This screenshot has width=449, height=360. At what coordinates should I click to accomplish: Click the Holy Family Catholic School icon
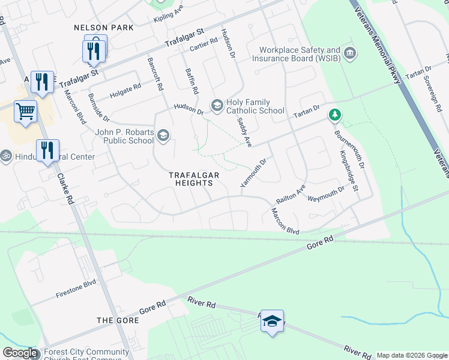click(x=217, y=106)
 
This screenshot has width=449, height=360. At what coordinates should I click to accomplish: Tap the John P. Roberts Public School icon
click(x=162, y=136)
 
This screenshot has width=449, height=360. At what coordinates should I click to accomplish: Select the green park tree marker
click(x=335, y=114)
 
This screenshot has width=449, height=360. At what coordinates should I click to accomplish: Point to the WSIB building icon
click(x=351, y=54)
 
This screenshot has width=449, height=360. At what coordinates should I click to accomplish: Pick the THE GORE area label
click(x=118, y=320)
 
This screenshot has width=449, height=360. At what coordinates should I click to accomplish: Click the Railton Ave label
click(x=291, y=194)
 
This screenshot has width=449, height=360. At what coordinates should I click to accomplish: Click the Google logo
click(x=20, y=353)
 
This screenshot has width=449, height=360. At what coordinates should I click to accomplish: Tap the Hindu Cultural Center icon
click(x=6, y=155)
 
